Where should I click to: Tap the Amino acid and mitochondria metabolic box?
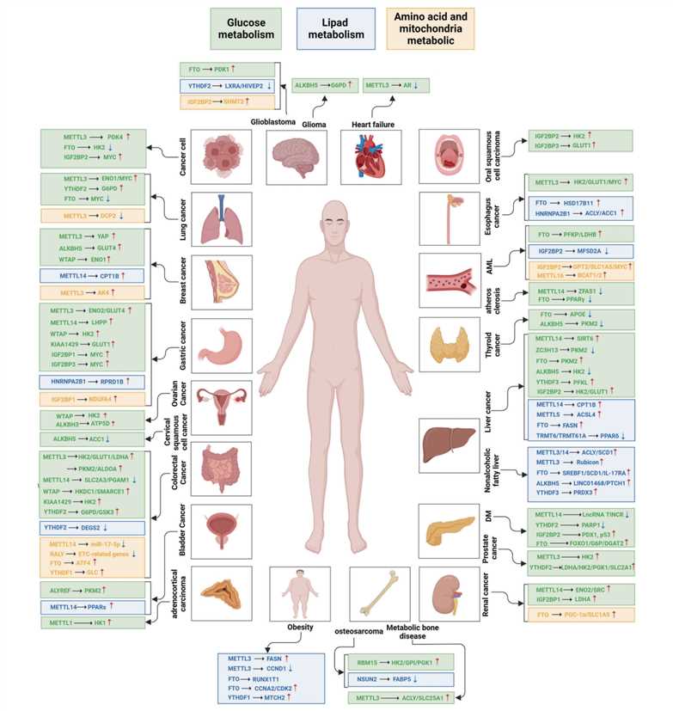[429, 32]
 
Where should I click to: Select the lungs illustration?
[221, 219]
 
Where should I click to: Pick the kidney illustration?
[446, 593]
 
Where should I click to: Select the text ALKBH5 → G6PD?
[322, 85]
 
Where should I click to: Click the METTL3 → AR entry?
[395, 85]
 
